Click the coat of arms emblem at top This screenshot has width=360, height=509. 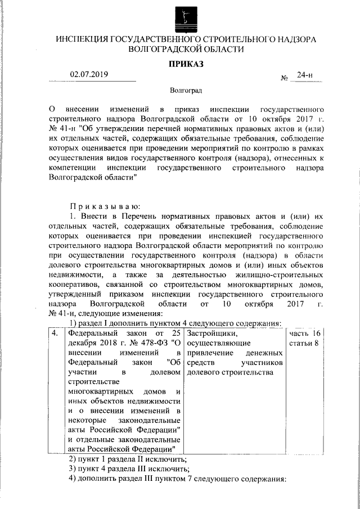coord(186,16)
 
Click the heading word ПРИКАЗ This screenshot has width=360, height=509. coord(186,65)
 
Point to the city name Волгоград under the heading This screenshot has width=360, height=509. coord(186,90)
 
